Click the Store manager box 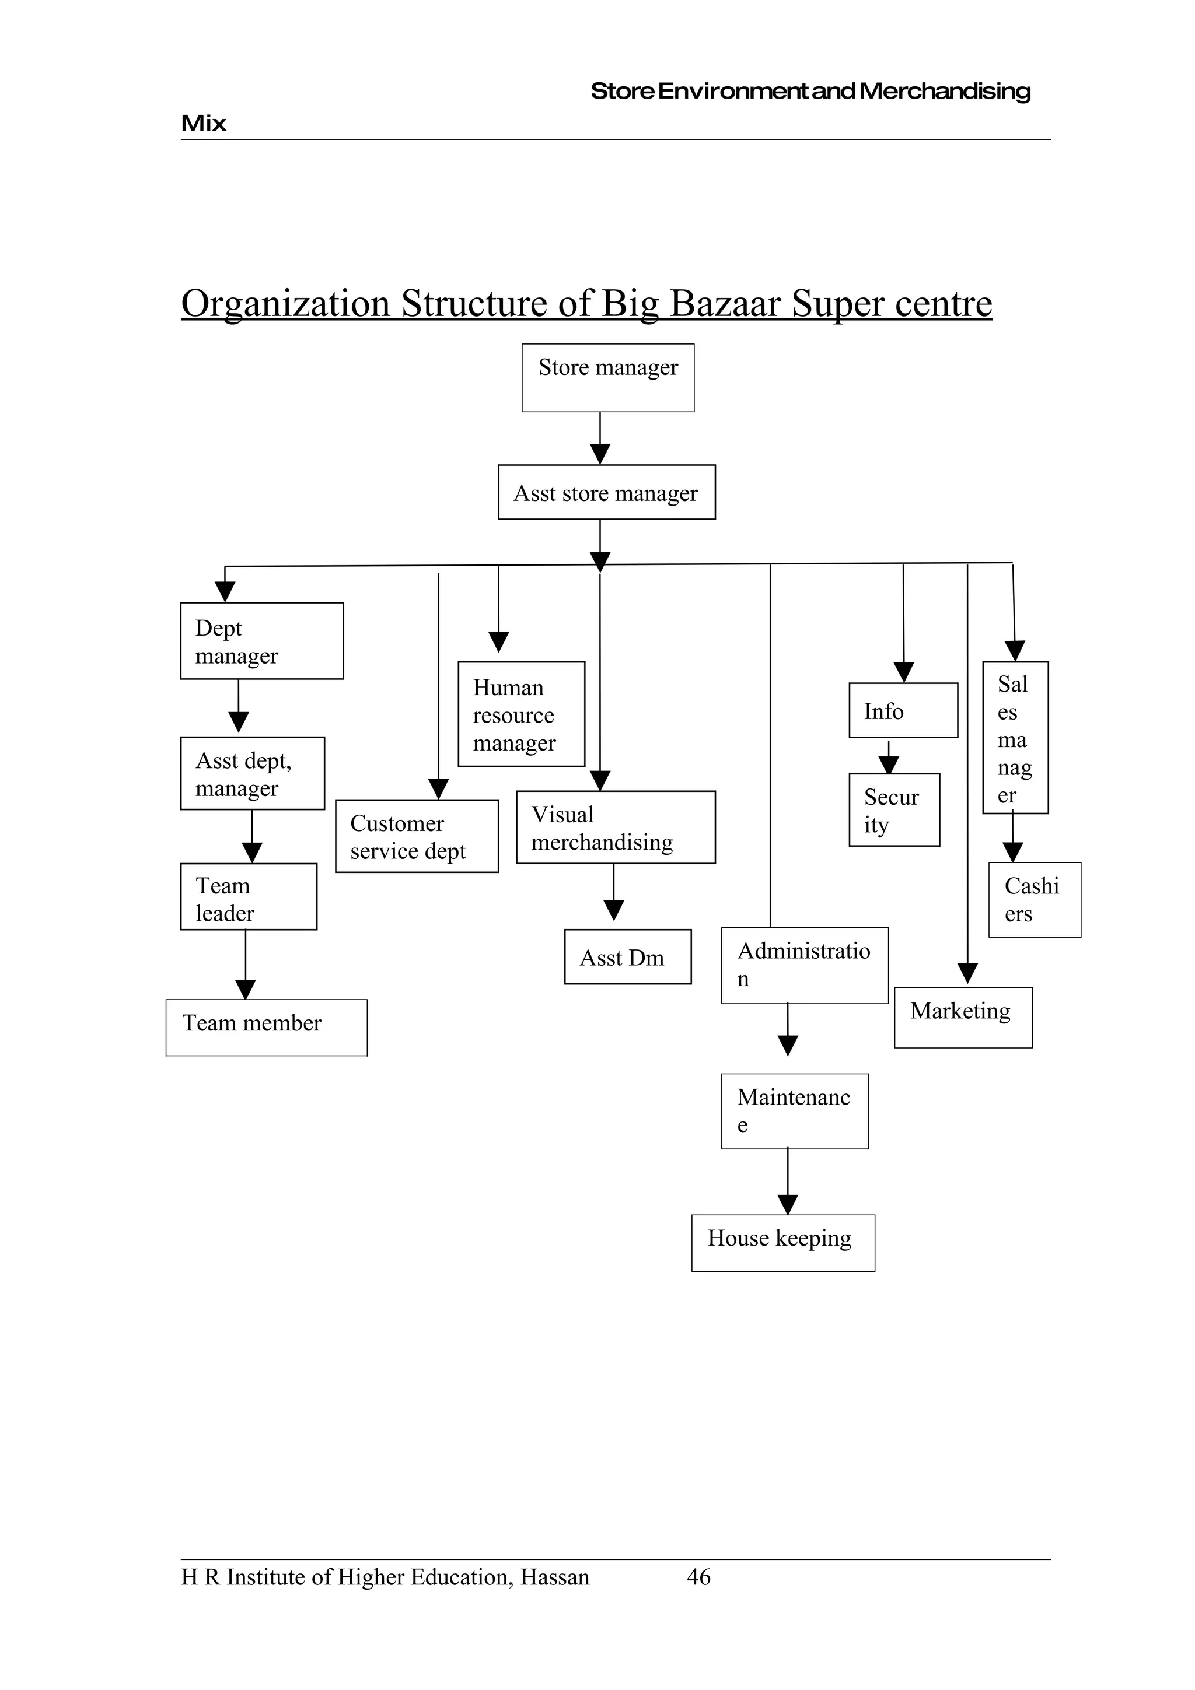(x=607, y=378)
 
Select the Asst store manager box (x=606, y=492)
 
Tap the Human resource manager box (x=520, y=714)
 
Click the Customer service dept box (x=416, y=836)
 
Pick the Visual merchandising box (x=615, y=828)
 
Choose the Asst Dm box (x=627, y=957)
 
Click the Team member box (x=266, y=1028)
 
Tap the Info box (x=903, y=710)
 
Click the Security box (x=894, y=809)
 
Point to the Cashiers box (x=1034, y=899)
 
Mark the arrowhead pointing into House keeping (x=787, y=1204)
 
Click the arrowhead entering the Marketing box (x=967, y=974)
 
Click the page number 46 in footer (x=698, y=1577)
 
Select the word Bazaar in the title (x=725, y=303)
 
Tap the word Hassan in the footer (x=554, y=1577)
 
